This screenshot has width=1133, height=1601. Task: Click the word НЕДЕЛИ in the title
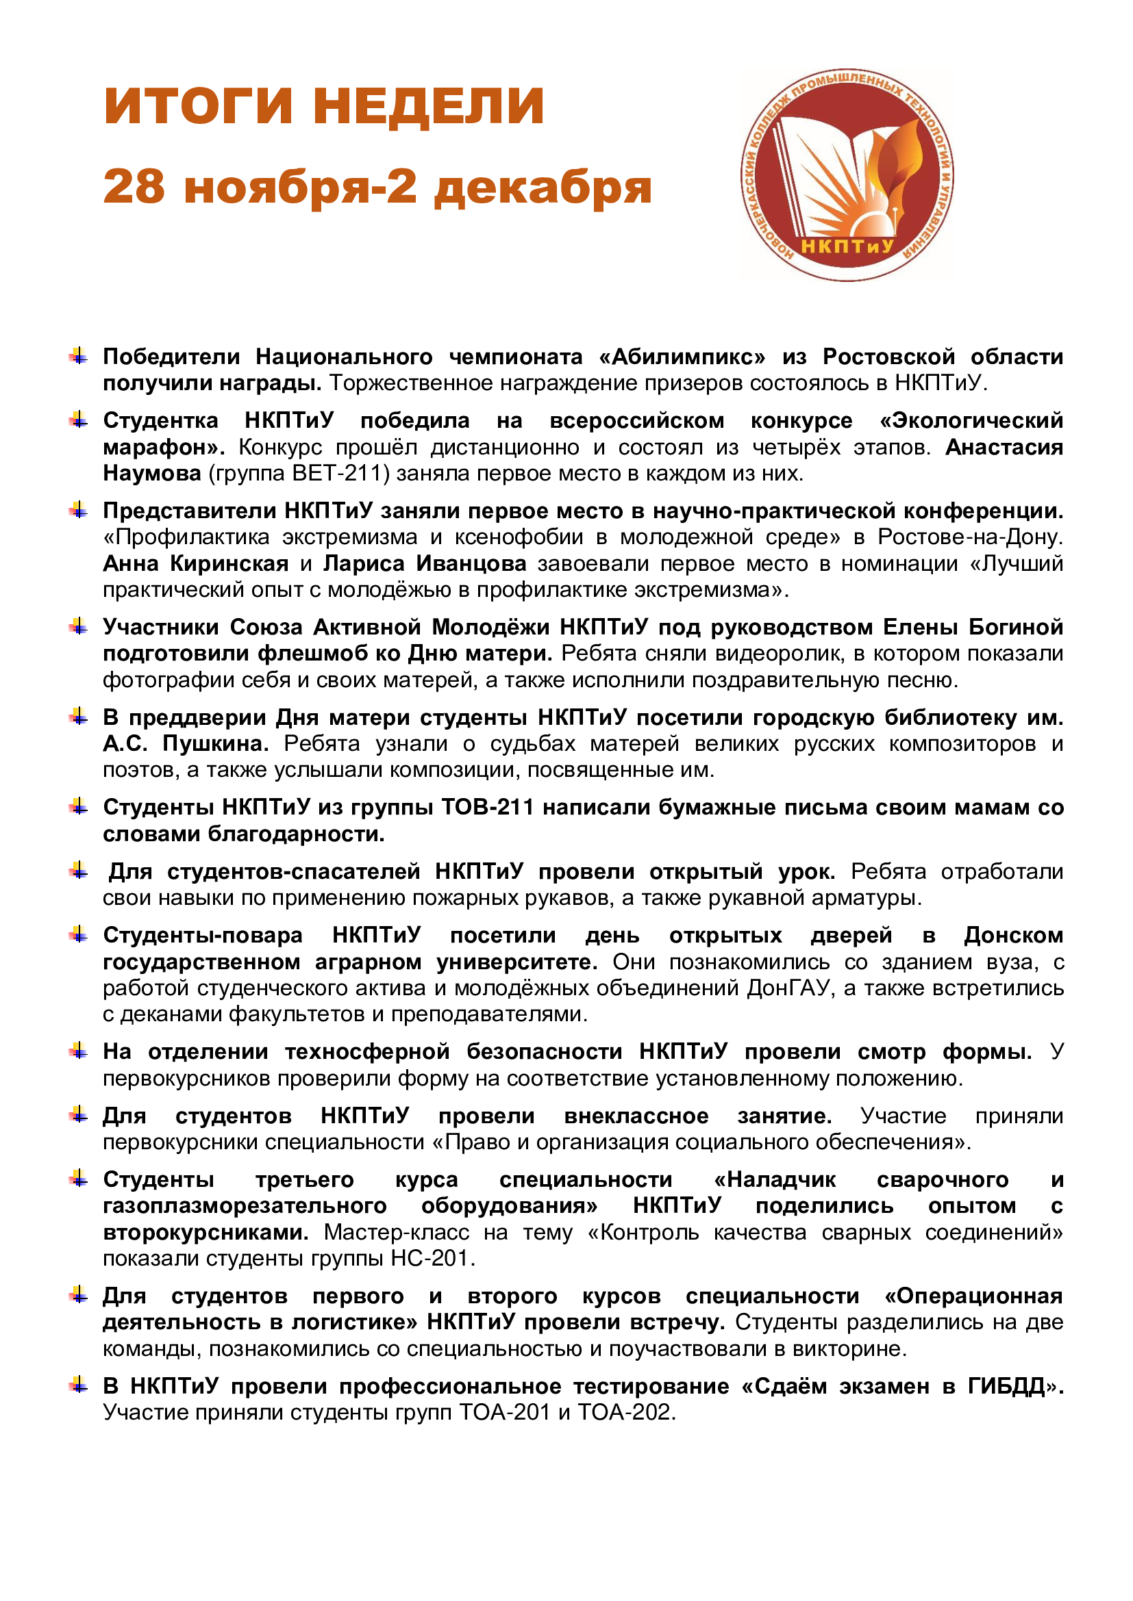pyautogui.click(x=427, y=106)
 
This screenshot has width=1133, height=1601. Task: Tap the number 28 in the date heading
pyautogui.click(x=134, y=187)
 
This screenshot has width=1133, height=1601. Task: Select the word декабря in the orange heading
pyautogui.click(x=543, y=188)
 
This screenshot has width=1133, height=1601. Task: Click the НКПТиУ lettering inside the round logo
pyautogui.click(x=847, y=246)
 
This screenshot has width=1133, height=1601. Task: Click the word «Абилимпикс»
pyautogui.click(x=682, y=357)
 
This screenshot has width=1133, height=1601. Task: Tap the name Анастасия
pyautogui.click(x=1004, y=447)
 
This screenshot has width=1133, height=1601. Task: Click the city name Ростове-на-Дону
pyautogui.click(x=970, y=537)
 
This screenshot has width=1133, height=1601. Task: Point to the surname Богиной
pyautogui.click(x=1016, y=627)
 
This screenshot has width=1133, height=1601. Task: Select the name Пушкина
pyautogui.click(x=215, y=744)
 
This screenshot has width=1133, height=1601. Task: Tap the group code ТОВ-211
pyautogui.click(x=488, y=807)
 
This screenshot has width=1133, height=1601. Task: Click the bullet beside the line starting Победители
pyautogui.click(x=79, y=357)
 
